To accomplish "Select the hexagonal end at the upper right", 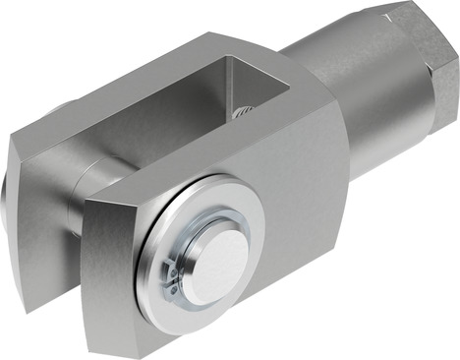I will [x=418, y=69].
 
